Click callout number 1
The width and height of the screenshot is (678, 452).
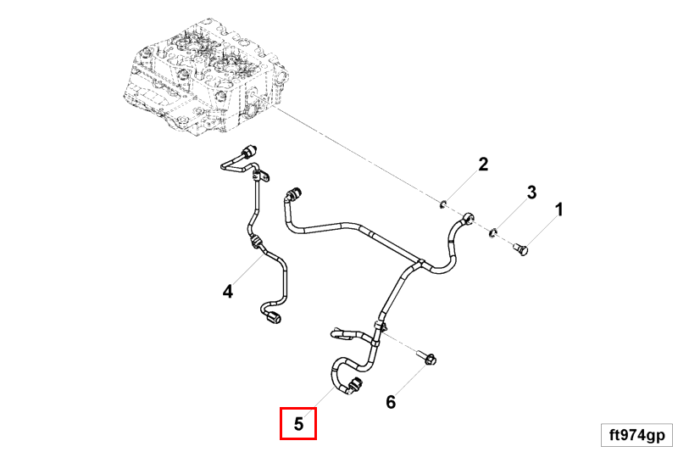(x=559, y=209)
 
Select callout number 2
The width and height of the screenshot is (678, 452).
(x=483, y=165)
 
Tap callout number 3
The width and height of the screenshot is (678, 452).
(x=532, y=193)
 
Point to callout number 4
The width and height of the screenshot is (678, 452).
(x=227, y=292)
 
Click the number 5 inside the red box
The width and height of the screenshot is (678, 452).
(x=298, y=424)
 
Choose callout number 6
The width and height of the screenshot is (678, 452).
(x=391, y=401)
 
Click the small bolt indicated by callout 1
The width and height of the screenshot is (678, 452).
(x=521, y=249)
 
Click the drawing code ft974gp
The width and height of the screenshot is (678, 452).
(x=636, y=435)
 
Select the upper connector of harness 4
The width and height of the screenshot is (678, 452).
(x=248, y=153)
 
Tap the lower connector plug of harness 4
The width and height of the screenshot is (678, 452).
(x=272, y=321)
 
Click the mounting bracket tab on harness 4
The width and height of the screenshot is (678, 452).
(x=262, y=177)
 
